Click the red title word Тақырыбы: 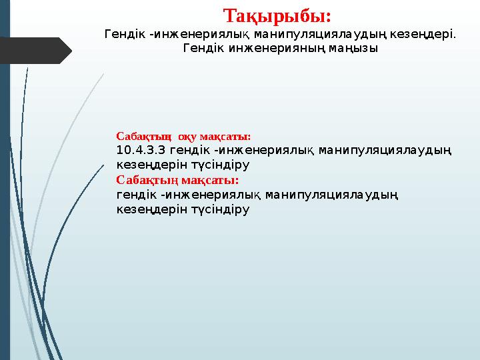click(x=277, y=15)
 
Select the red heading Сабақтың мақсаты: click(x=177, y=179)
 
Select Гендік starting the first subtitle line click(x=127, y=33)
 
